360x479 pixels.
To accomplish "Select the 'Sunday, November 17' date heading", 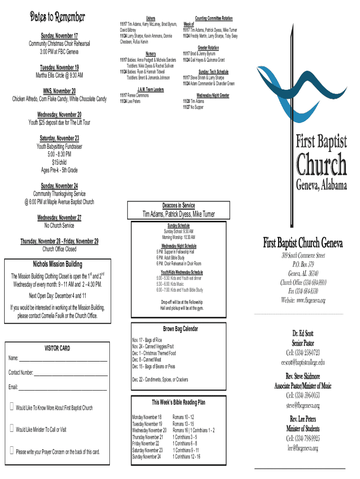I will [x=59, y=36].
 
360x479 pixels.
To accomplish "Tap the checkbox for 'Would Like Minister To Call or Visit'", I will [x=12, y=428].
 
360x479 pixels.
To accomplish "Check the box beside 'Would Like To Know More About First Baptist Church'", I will [x=12, y=407].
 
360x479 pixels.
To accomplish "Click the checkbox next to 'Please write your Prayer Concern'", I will [x=12, y=451].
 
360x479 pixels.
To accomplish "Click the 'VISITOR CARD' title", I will [x=57, y=348].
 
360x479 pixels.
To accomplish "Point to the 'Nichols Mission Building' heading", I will [x=58, y=264].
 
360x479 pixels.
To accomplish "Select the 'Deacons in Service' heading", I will [x=179, y=206].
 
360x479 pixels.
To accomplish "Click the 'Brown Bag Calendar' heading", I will [x=180, y=329].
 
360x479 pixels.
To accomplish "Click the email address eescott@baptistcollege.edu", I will [x=302, y=362].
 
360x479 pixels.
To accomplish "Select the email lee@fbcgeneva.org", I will [x=302, y=448].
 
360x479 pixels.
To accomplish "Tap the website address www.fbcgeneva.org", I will [x=302, y=300].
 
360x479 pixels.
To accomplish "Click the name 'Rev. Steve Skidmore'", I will [x=302, y=376].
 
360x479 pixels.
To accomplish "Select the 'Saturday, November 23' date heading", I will [x=59, y=138].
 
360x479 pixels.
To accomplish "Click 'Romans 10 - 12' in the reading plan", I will [x=183, y=417].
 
